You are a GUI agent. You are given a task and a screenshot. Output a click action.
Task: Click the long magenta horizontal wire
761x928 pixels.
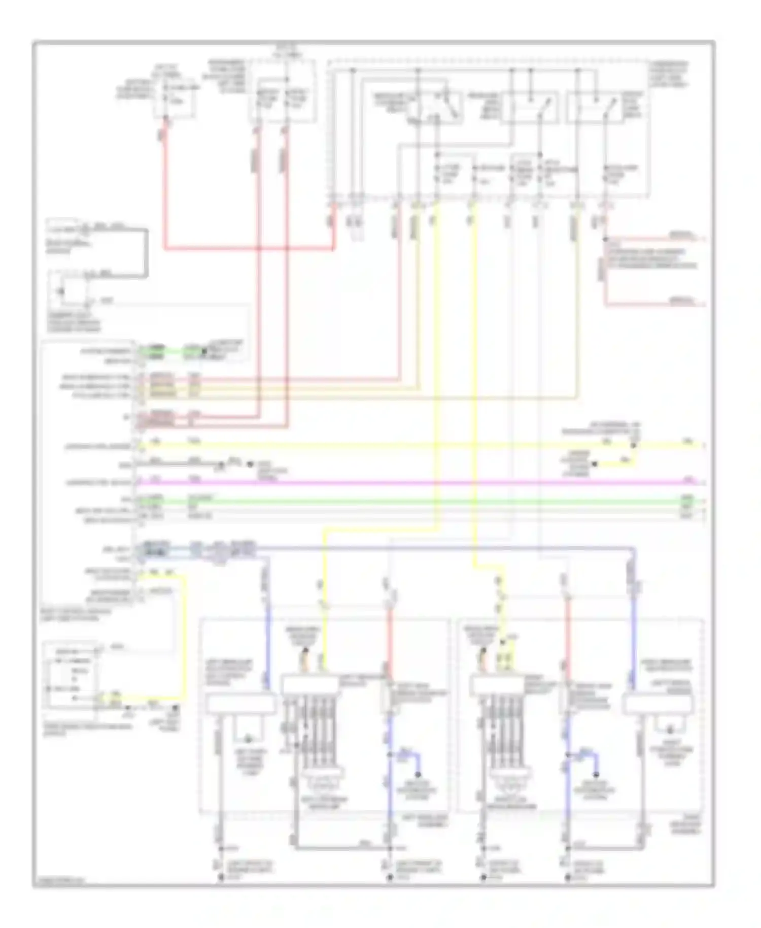point(406,481)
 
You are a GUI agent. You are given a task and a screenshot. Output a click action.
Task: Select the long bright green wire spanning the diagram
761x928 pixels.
point(406,502)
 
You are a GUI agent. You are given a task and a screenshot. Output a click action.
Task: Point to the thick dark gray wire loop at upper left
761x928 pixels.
point(146,254)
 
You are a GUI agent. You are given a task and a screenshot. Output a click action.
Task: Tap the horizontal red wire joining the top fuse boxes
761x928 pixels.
point(249,249)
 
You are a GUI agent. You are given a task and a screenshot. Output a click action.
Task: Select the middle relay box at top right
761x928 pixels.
point(529,107)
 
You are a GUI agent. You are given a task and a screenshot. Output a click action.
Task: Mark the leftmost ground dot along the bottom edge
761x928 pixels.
point(221,877)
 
